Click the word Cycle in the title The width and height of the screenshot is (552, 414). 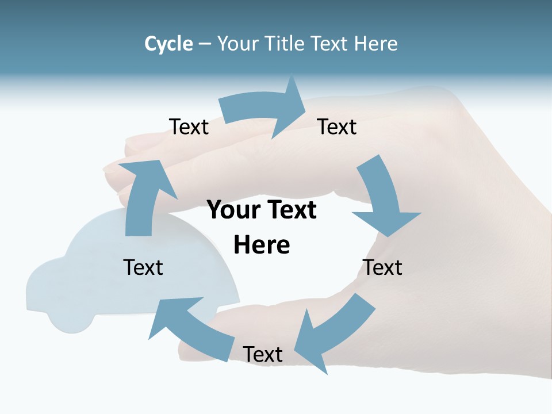tap(168, 44)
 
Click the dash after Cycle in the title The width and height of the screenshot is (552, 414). tap(205, 44)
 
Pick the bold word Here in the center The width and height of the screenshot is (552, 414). tap(262, 245)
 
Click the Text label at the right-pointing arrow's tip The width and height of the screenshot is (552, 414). tap(337, 126)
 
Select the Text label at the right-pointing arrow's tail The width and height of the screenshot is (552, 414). tap(189, 126)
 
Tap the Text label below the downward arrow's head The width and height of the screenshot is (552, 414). tap(382, 267)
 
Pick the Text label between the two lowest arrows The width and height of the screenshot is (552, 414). tap(263, 354)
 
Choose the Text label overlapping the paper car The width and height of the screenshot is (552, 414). tap(143, 267)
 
